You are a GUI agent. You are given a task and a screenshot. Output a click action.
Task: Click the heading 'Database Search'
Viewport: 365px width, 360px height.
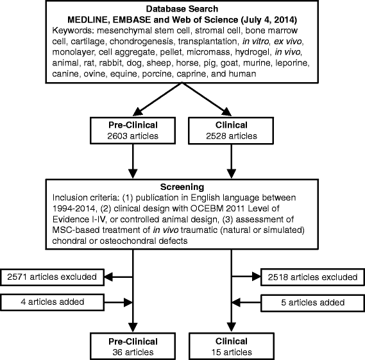tap(182, 10)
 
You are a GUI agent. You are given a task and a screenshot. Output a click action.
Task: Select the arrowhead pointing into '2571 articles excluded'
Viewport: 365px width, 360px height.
tap(107, 277)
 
